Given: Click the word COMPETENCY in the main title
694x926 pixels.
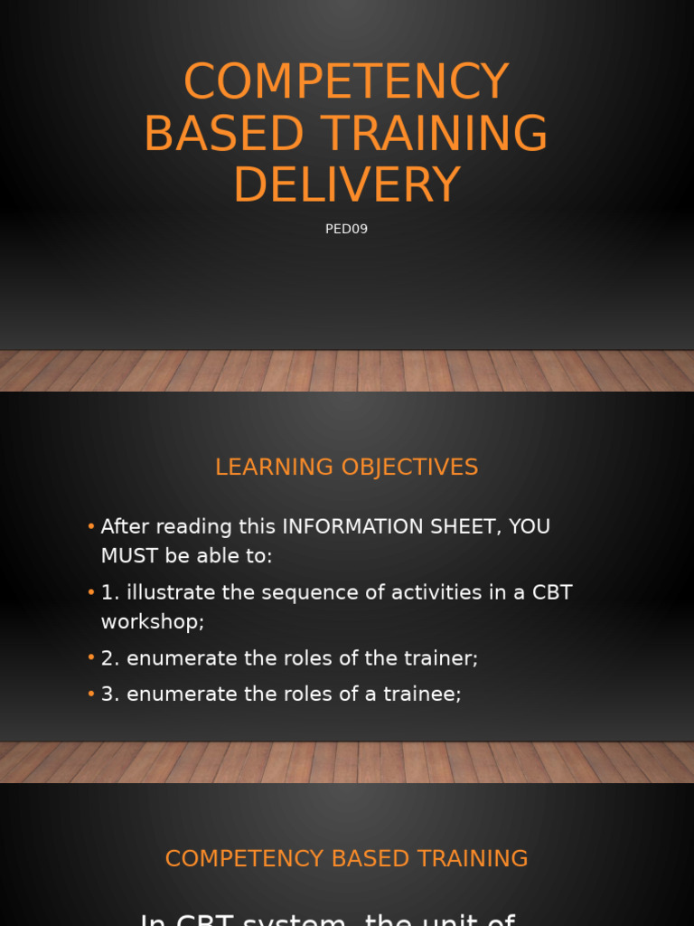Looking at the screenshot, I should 346,82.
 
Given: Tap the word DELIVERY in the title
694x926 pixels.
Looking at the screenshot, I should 346,185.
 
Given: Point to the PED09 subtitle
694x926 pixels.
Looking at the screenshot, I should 346,230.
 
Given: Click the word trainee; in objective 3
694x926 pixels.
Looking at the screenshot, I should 421,694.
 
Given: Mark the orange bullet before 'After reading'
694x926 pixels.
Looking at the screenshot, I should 91,527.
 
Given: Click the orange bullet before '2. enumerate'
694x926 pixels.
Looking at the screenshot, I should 91,659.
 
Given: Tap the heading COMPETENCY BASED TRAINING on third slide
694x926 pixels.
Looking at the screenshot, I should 346,859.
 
